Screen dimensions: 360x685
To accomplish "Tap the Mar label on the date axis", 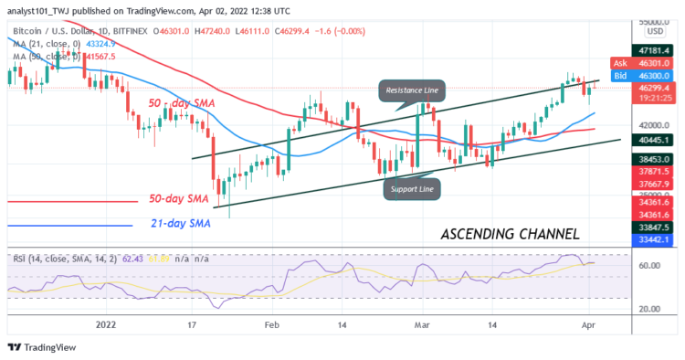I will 419,323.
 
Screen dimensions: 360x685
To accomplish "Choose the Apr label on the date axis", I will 588,323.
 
